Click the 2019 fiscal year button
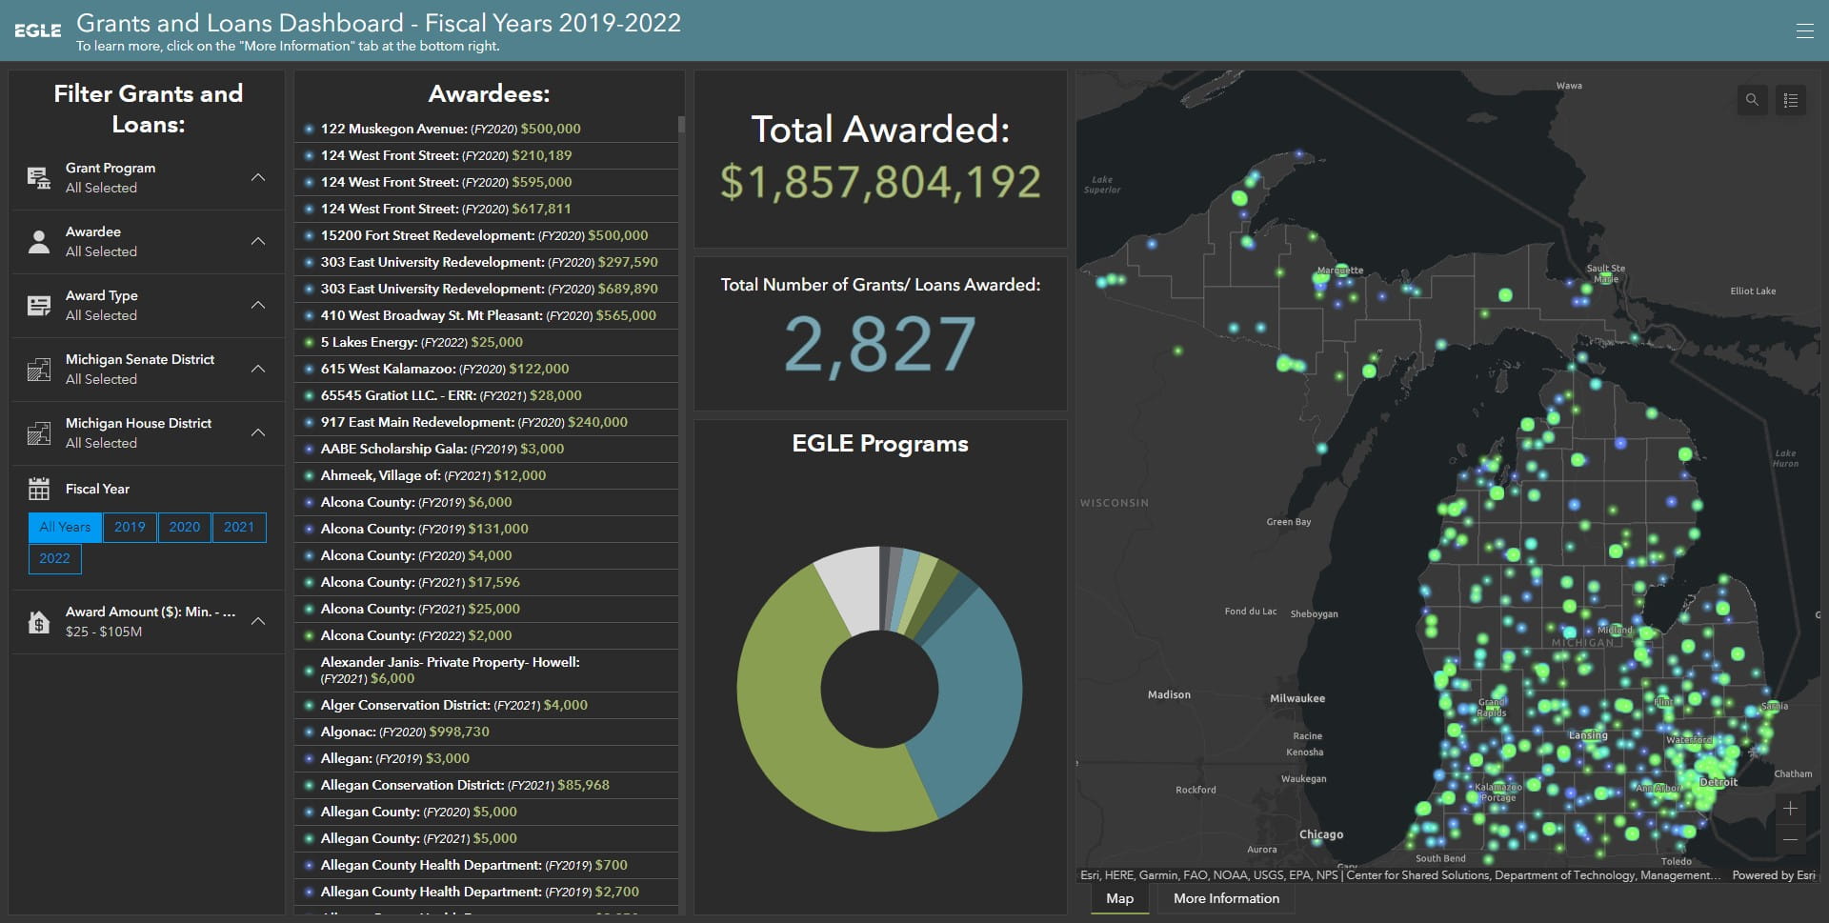(x=130, y=527)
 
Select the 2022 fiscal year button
(x=54, y=558)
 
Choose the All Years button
(x=65, y=527)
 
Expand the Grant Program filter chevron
(x=258, y=177)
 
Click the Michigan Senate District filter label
(x=139, y=359)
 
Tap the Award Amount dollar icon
(x=39, y=622)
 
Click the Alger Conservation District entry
(x=453, y=705)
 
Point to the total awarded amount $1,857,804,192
(x=879, y=182)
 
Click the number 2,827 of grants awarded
(x=879, y=344)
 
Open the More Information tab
(x=1226, y=898)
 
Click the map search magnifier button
(x=1752, y=100)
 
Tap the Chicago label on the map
(x=1321, y=834)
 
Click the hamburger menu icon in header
(x=1804, y=30)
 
